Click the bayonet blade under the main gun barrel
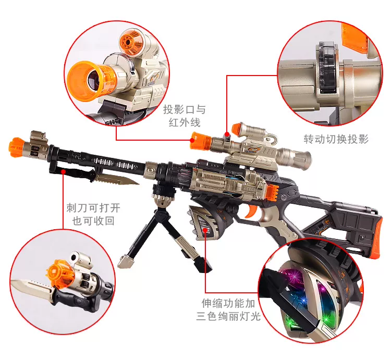pyautogui.click(x=117, y=179)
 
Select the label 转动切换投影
pyautogui.click(x=336, y=139)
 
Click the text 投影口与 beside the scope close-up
pyautogui.click(x=185, y=109)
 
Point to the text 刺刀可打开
pyautogui.click(x=93, y=208)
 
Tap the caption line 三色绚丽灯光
pyautogui.click(x=228, y=316)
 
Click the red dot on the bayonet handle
pyautogui.click(x=64, y=171)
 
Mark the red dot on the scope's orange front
pyautogui.click(x=192, y=140)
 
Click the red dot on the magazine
pyautogui.click(x=205, y=230)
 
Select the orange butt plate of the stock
pyautogui.click(x=376, y=238)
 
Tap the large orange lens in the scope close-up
pyautogui.click(x=85, y=80)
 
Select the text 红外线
pyautogui.click(x=185, y=122)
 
